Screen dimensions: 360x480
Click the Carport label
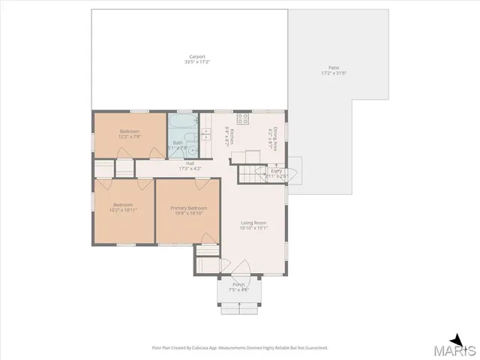(197, 56)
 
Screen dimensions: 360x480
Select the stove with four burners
(243, 118)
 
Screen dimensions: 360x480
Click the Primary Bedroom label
(188, 208)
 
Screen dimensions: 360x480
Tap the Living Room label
(253, 223)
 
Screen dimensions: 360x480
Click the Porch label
(238, 285)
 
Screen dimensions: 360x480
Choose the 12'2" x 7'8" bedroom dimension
(130, 136)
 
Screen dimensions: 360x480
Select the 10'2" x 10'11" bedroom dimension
(124, 210)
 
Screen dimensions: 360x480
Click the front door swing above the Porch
(241, 268)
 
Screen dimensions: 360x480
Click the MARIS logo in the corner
(457, 347)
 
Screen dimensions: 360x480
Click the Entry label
(276, 171)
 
